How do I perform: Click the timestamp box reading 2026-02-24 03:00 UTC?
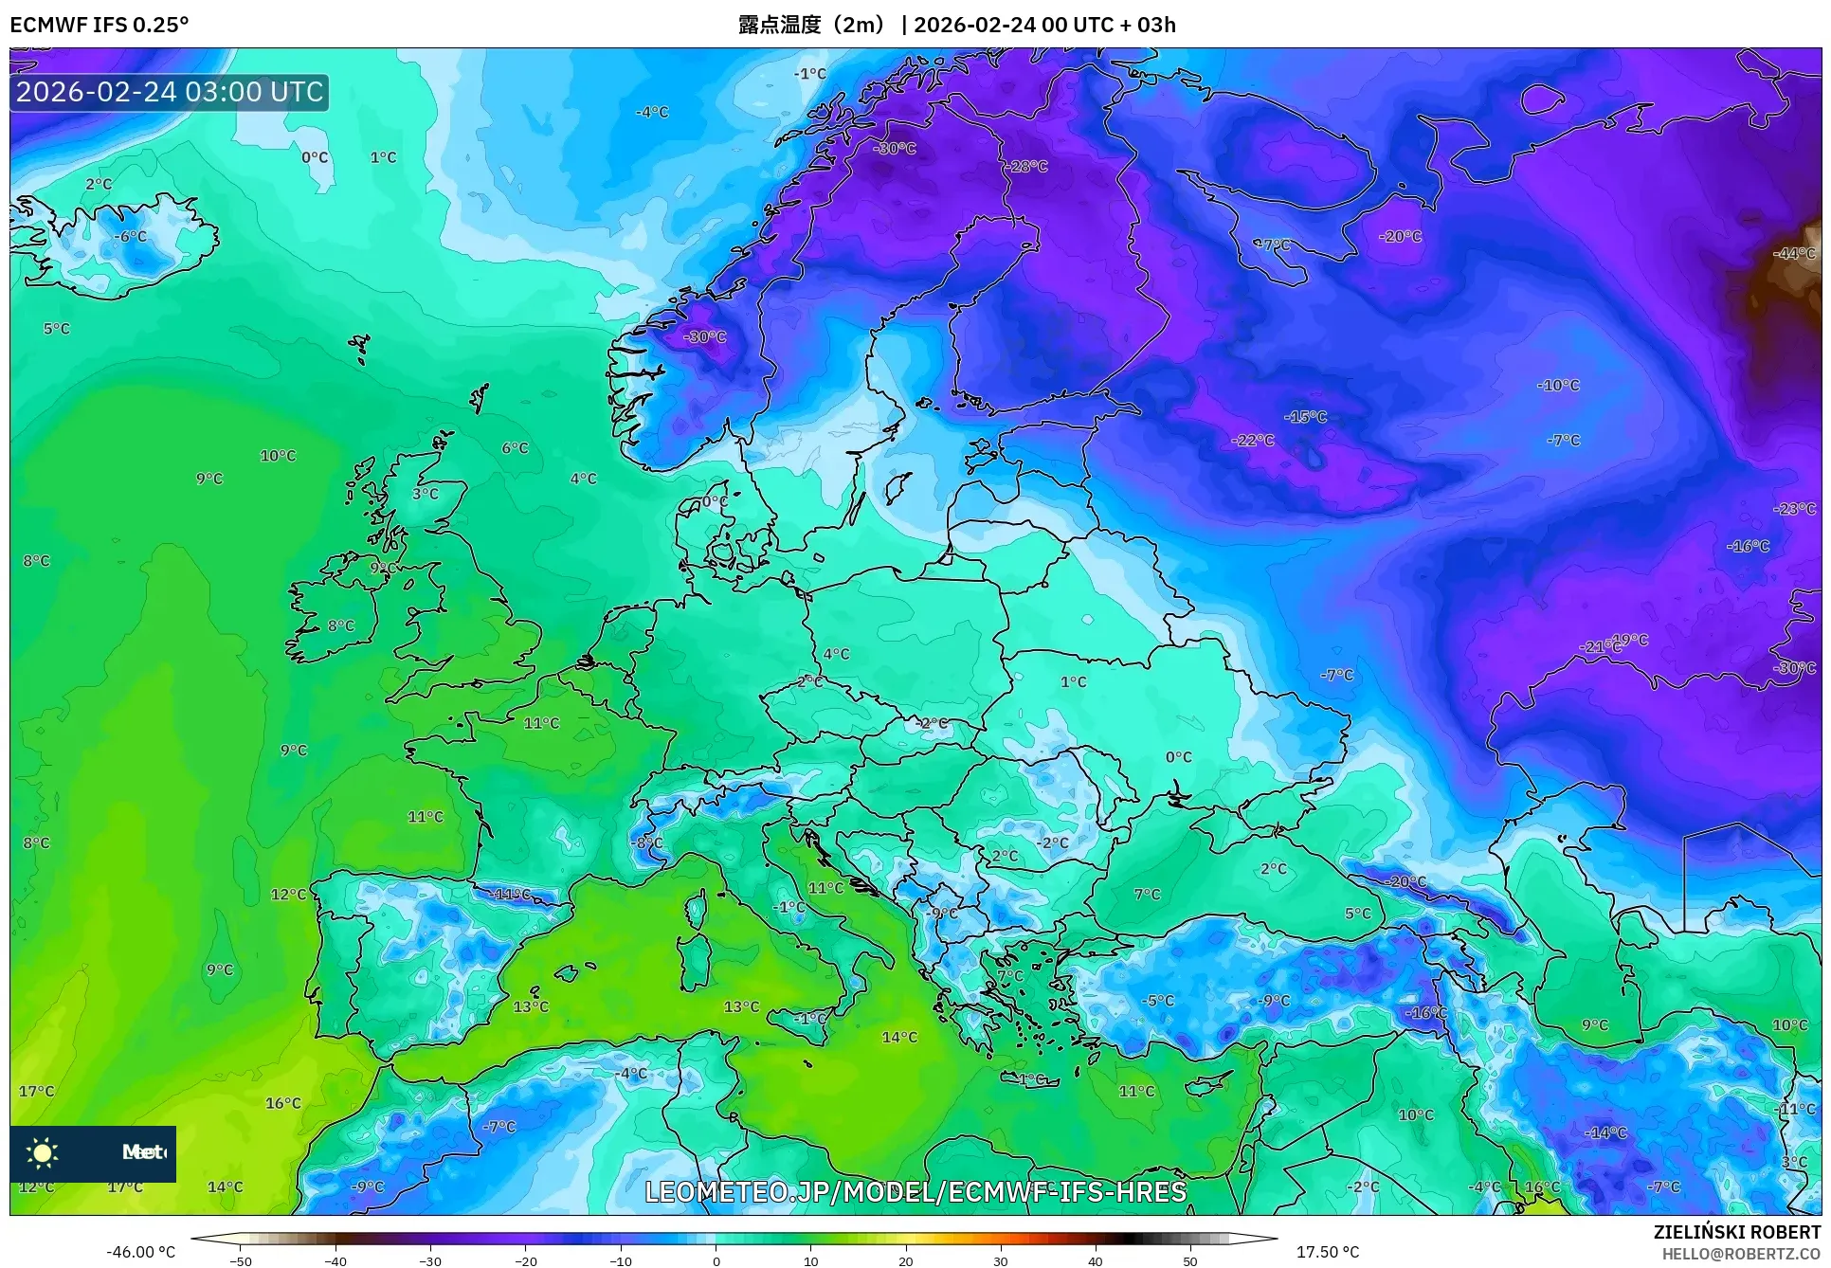[x=170, y=92]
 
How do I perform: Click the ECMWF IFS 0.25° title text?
[x=100, y=25]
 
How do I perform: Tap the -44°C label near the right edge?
[x=1794, y=253]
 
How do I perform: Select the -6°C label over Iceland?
[x=131, y=236]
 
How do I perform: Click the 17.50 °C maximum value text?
[x=1327, y=1252]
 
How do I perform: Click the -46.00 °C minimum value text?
[x=140, y=1252]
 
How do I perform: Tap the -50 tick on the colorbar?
[x=241, y=1261]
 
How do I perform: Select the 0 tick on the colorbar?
[x=716, y=1261]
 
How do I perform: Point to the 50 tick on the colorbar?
[x=1190, y=1261]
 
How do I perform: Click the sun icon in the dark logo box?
[x=43, y=1152]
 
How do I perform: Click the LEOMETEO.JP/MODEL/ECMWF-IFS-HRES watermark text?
[x=915, y=1191]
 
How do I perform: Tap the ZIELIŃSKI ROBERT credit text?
[x=1736, y=1232]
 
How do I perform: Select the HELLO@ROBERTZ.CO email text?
[x=1741, y=1254]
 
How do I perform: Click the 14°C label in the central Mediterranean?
[x=899, y=1037]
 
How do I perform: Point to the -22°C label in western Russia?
[x=1252, y=440]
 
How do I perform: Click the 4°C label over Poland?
[x=836, y=654]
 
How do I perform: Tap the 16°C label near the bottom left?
[x=282, y=1103]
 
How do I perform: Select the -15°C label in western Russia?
[x=1305, y=417]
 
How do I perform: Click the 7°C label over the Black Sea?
[x=1147, y=894]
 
